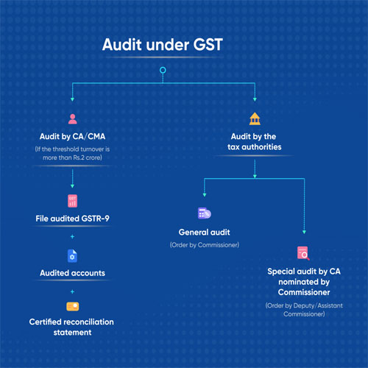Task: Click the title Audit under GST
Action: click(x=163, y=45)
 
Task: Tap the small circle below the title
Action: click(x=163, y=70)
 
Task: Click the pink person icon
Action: click(x=72, y=119)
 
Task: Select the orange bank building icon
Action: click(x=255, y=118)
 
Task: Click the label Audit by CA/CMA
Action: click(x=72, y=136)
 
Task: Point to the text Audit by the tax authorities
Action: click(x=255, y=141)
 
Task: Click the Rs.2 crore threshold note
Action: click(x=72, y=153)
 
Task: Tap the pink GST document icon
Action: click(x=72, y=201)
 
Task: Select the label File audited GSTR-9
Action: click(x=72, y=219)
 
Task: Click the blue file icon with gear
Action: click(x=72, y=256)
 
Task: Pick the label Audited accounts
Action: click(x=72, y=273)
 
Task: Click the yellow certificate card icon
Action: click(x=73, y=306)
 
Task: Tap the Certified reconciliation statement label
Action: click(x=71, y=327)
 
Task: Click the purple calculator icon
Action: click(x=205, y=213)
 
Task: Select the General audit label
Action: click(x=205, y=232)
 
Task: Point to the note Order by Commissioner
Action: click(x=205, y=245)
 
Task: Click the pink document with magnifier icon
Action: click(x=303, y=253)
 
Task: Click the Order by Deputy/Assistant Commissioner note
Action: click(x=304, y=310)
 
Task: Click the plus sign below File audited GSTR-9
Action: click(x=72, y=236)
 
